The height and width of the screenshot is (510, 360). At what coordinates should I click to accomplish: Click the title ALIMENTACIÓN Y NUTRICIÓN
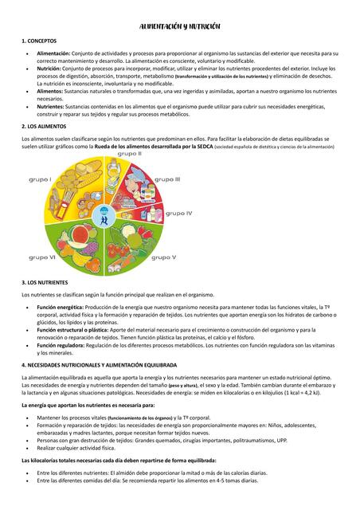coord(180,26)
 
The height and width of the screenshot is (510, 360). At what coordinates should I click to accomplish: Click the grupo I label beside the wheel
coord(41,179)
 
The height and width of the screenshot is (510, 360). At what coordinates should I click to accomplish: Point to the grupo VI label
coord(42,257)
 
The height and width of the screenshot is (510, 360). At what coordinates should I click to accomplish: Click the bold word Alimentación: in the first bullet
coord(54,52)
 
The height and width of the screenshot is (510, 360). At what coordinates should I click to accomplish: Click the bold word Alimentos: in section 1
coord(50,90)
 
